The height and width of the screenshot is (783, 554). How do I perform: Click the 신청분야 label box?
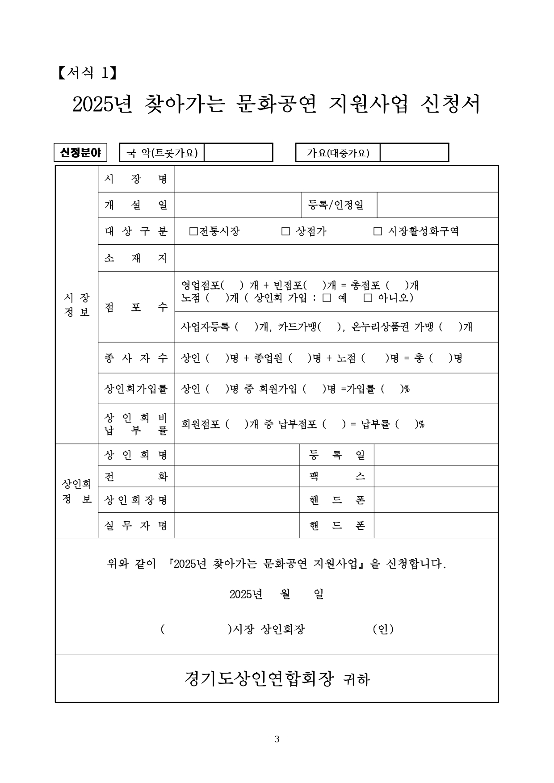tap(80, 153)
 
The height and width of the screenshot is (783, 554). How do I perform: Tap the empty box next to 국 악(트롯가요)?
tap(238, 153)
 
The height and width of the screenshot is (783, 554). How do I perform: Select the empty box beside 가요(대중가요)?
tap(414, 153)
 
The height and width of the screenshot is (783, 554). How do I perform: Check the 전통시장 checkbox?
tap(193, 231)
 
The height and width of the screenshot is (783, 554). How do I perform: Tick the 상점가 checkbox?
tap(285, 231)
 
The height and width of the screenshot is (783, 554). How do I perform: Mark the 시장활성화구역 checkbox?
tap(378, 231)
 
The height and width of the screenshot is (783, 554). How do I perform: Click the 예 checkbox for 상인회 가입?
tap(327, 298)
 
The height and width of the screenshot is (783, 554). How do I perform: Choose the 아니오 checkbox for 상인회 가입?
tap(368, 298)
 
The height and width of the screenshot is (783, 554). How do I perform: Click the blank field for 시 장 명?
tap(336, 179)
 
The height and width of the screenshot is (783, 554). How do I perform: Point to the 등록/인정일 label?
tap(336, 205)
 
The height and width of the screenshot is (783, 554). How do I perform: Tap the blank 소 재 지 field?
tap(336, 258)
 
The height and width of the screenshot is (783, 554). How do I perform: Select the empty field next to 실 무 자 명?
tap(237, 525)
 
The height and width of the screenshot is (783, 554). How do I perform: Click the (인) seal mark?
tap(383, 629)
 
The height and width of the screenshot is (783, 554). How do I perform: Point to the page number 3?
tap(277, 739)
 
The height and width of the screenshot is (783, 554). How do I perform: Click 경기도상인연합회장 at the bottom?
tap(259, 679)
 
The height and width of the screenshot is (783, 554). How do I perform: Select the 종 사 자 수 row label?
tap(136, 358)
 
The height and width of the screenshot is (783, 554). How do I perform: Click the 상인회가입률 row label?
tap(136, 389)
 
